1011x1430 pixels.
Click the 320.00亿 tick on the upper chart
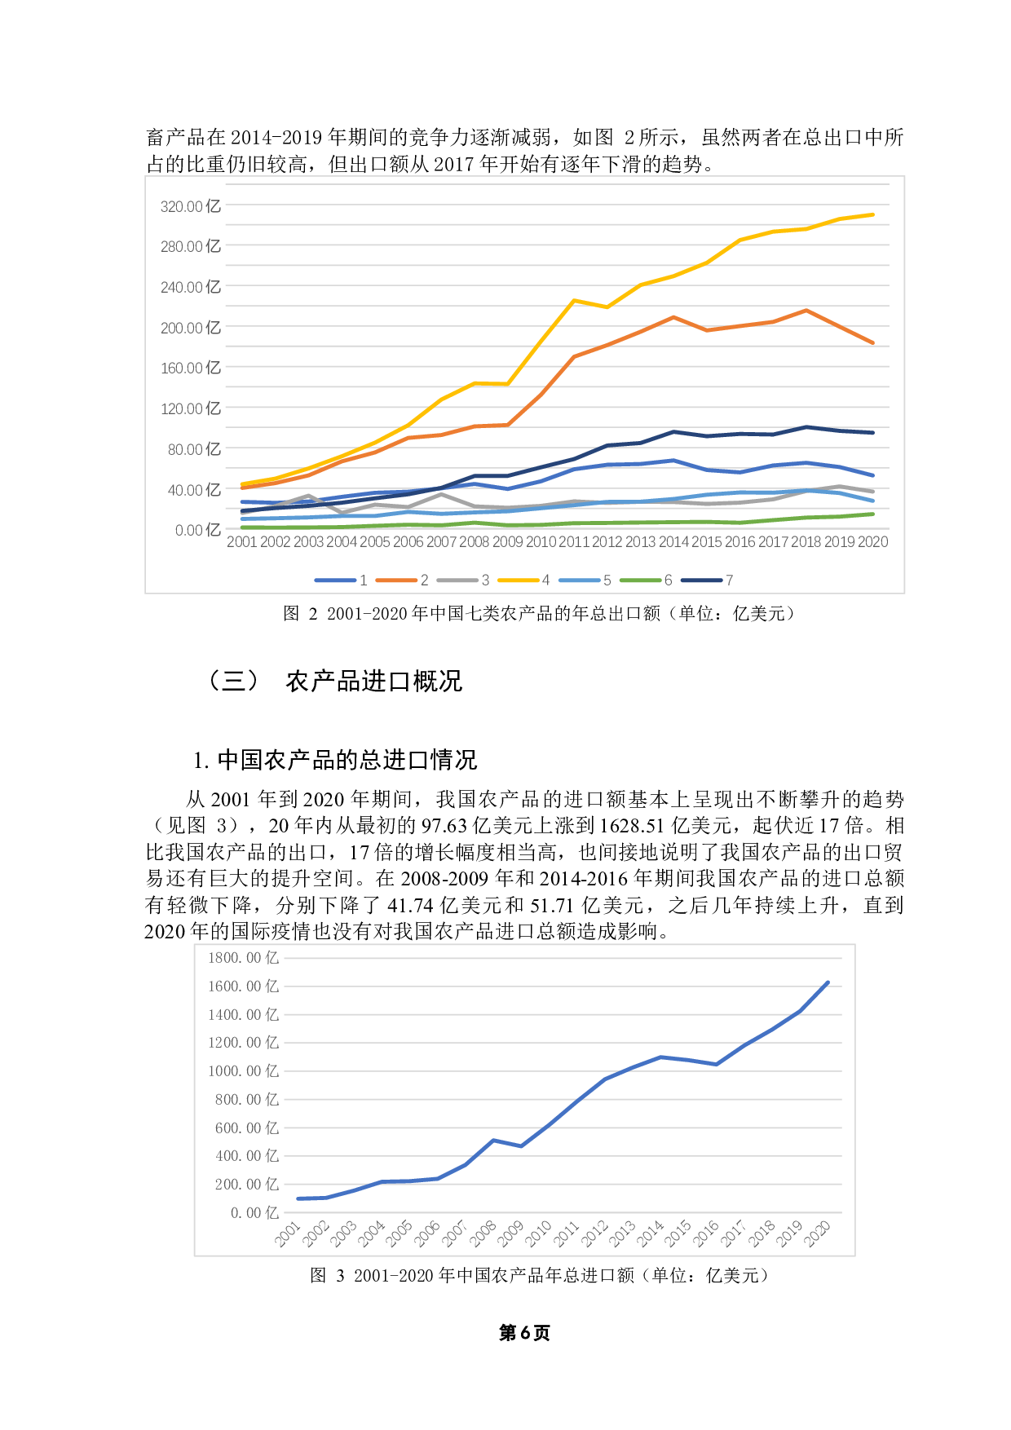coord(190,206)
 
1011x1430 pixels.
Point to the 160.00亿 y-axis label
coord(190,368)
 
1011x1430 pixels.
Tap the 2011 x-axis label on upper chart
coord(573,542)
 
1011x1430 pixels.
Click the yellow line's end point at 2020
coord(873,214)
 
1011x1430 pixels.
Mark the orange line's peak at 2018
coord(806,311)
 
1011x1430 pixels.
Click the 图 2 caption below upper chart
coord(538,613)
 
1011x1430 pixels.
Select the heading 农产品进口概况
coord(373,681)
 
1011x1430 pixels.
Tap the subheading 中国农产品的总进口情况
coord(347,760)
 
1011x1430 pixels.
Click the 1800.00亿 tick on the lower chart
coord(243,958)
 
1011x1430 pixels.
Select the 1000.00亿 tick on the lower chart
coord(243,1071)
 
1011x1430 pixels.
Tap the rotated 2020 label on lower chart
coord(817,1234)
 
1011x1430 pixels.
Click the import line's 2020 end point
coord(828,982)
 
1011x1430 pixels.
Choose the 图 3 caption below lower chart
coord(538,1275)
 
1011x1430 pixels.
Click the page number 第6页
coord(524,1333)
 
